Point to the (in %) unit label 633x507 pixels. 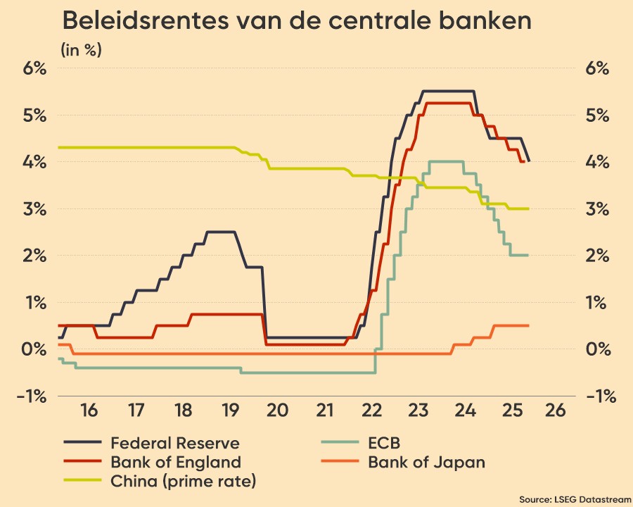click(82, 50)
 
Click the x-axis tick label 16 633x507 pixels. click(89, 410)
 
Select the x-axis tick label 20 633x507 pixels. click(276, 410)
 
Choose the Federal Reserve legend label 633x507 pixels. click(175, 444)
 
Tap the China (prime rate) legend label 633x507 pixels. click(183, 482)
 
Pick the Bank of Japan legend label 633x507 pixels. click(426, 463)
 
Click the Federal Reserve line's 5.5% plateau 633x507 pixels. click(447, 91)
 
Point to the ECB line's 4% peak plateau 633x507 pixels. click(445, 161)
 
